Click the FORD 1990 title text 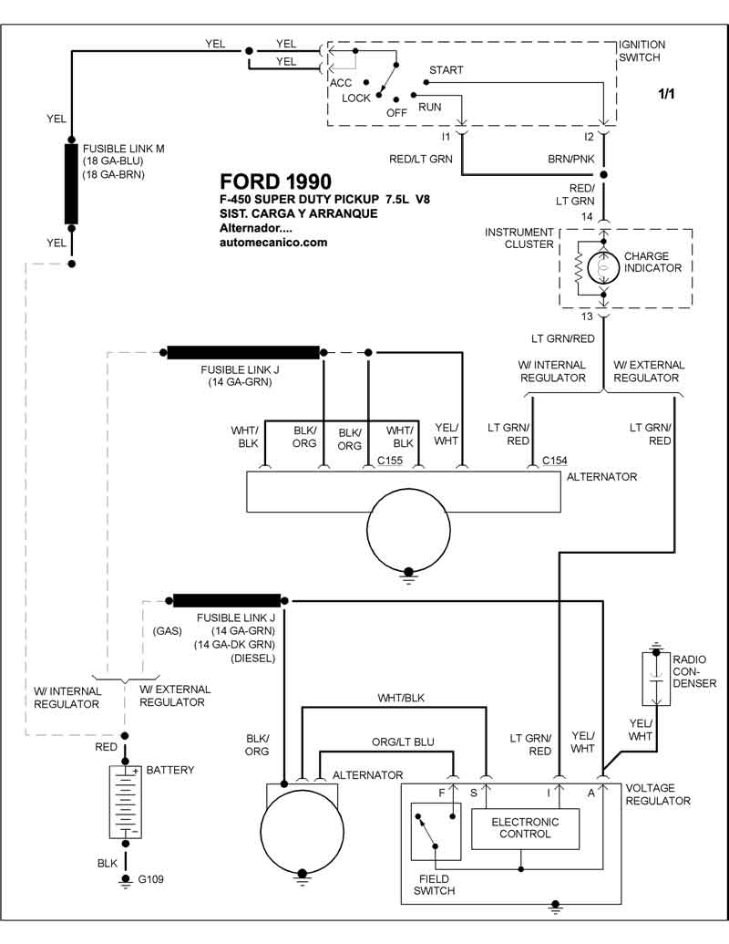click(275, 182)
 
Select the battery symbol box click(125, 802)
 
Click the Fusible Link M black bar click(71, 183)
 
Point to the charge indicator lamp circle click(601, 266)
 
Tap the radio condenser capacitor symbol click(655, 679)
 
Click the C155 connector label click(390, 462)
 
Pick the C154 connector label click(554, 462)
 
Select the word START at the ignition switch click(446, 70)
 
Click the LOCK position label click(356, 99)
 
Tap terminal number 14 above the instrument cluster click(589, 216)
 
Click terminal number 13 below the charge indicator click(589, 316)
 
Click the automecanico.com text click(273, 243)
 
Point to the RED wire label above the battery click(107, 747)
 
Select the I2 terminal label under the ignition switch click(590, 136)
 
